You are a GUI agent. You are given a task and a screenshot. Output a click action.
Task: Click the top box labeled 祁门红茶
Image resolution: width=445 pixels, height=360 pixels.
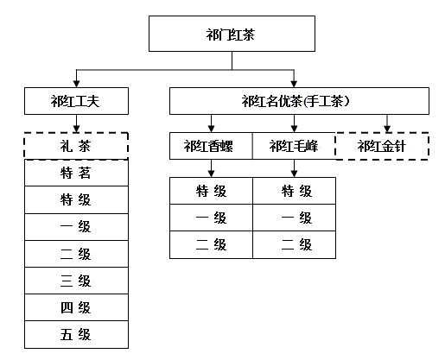point(232,34)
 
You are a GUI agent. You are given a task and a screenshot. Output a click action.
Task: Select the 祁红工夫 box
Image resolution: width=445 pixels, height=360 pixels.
point(76,101)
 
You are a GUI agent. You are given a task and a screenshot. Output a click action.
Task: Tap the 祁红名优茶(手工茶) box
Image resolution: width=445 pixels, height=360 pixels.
point(299,101)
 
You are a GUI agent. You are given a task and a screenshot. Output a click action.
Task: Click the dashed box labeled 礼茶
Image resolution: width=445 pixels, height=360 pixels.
point(76,146)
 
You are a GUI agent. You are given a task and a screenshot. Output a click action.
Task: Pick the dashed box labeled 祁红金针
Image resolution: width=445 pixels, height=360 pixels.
point(382,146)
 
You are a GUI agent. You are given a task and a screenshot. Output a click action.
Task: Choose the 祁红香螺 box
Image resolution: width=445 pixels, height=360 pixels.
point(211,146)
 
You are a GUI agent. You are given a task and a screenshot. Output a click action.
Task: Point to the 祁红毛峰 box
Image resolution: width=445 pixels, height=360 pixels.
point(294,146)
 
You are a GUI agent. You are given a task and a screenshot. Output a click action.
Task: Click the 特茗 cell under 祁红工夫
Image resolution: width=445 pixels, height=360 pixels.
point(76,173)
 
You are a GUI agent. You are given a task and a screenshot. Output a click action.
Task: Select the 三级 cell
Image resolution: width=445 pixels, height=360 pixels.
point(76,281)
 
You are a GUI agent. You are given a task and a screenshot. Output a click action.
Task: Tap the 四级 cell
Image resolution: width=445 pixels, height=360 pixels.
point(76,307)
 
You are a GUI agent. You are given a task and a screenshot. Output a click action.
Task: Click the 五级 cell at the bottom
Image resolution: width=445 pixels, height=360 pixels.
point(76,335)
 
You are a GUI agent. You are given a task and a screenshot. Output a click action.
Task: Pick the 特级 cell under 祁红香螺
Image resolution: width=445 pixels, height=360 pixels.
point(211,191)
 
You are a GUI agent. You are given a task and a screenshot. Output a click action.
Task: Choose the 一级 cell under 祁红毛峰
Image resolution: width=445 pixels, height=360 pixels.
point(294,218)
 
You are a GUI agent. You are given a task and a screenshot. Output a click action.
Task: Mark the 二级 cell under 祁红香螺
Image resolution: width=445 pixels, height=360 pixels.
point(211,244)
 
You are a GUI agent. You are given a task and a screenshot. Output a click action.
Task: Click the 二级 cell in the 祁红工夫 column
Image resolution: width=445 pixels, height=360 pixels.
point(76,254)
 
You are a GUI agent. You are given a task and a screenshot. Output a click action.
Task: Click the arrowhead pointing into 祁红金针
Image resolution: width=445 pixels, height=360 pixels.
point(387,129)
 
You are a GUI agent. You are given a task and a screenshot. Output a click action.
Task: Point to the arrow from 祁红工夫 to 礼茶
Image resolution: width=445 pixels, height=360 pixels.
point(76,123)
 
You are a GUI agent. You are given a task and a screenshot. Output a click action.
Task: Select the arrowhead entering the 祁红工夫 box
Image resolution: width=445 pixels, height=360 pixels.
point(76,84)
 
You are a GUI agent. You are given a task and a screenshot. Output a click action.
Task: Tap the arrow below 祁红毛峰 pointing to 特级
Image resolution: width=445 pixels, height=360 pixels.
point(294,168)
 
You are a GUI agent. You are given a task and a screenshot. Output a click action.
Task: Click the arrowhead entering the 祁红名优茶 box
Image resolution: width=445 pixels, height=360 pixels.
point(294,84)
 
